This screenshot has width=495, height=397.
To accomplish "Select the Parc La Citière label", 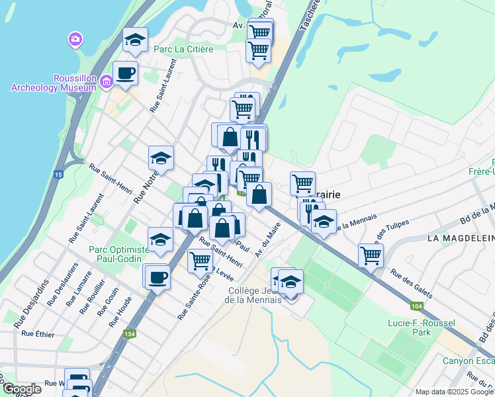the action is tap(183, 49).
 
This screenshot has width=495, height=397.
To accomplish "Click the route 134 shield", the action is tap(128, 335).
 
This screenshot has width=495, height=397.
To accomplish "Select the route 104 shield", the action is tap(416, 306).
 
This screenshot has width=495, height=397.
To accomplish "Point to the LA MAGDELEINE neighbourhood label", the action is tap(461, 238).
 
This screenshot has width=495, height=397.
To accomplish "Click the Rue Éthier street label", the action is tap(38, 333).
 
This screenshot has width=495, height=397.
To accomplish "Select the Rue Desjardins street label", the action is tap(36, 295).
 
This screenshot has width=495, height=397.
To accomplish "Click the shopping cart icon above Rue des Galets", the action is tap(371, 255).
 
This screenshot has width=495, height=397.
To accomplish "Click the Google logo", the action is tap(21, 389).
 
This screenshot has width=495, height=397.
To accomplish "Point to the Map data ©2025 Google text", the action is tap(454, 392).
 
